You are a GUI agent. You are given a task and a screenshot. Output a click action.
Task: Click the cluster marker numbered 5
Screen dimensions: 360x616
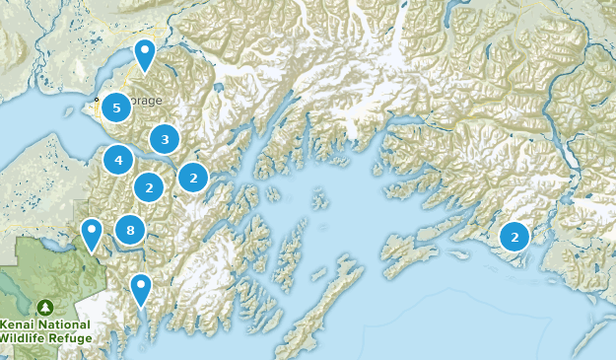click(116, 108)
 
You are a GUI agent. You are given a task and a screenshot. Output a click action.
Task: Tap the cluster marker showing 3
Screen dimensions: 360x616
click(165, 140)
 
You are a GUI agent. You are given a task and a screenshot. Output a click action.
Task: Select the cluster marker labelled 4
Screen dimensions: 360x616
click(118, 160)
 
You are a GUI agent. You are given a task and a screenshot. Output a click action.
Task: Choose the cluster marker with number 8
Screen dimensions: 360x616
click(130, 231)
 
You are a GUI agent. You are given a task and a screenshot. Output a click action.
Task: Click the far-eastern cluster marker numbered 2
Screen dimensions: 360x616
click(513, 237)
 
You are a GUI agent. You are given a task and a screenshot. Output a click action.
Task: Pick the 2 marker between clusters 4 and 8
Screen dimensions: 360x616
click(149, 185)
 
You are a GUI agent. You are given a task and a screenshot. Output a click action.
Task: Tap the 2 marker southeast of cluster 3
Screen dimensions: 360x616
click(193, 178)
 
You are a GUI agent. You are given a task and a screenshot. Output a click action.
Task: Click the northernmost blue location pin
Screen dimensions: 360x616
click(145, 53)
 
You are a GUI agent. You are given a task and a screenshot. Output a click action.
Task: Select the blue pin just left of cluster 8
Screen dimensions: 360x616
click(92, 233)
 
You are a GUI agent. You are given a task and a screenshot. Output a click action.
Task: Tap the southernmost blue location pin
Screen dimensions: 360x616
click(141, 288)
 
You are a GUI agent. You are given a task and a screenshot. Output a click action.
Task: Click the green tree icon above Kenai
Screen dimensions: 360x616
click(44, 308)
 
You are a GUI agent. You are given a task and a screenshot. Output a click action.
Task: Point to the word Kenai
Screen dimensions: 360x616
click(19, 324)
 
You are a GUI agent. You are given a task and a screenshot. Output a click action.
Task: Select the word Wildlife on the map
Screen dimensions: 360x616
click(25, 338)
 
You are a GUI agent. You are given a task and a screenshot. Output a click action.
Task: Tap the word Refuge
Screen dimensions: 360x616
click(72, 338)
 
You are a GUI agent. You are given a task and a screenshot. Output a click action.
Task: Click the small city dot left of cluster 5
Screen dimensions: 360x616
click(97, 100)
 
